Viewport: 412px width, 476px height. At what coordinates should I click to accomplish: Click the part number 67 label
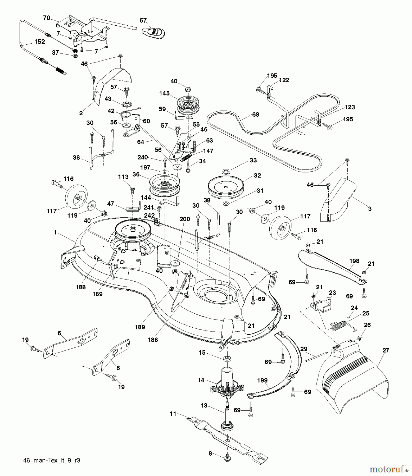coord(143,20)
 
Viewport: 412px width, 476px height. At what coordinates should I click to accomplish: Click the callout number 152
coord(39,42)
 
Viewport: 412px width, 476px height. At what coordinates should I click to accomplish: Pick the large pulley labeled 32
coord(226,186)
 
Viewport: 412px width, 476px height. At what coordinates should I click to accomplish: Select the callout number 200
coord(185,219)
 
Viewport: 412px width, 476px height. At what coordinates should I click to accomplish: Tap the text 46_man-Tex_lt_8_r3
coord(52,460)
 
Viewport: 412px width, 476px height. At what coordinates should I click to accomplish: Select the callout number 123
coord(350,107)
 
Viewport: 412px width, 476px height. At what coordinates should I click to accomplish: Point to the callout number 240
coord(143,157)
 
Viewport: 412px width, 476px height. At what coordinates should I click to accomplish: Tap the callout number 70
coord(46,18)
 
